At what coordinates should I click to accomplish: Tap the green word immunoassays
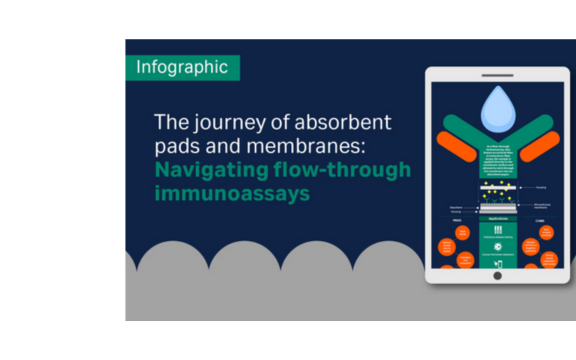tap(231, 193)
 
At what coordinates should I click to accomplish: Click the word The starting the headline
tap(170, 124)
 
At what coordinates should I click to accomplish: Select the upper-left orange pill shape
tap(455, 147)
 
